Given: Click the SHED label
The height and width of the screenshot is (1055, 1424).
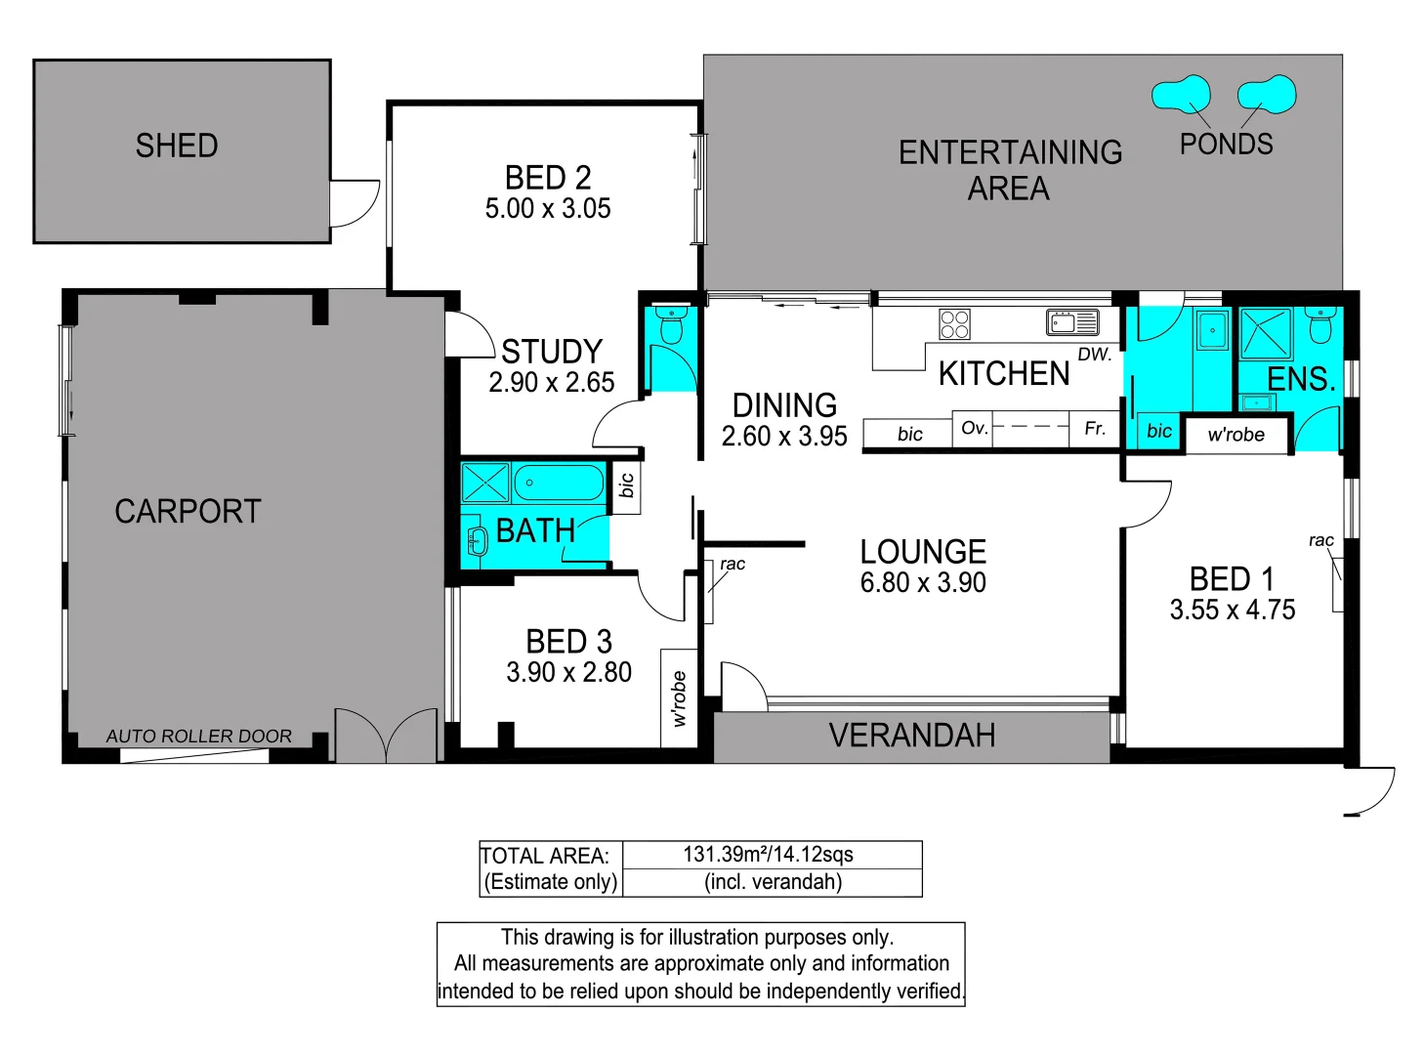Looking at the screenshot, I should (x=177, y=147).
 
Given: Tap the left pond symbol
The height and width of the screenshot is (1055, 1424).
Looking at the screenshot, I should (x=1181, y=95).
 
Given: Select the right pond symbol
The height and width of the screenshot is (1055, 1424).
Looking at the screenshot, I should (x=1267, y=95).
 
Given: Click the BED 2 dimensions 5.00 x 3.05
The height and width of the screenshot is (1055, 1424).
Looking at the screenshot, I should (x=548, y=209).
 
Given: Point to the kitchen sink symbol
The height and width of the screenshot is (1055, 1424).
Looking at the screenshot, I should (x=1072, y=321).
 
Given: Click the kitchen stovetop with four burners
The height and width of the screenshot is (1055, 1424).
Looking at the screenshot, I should (x=954, y=323).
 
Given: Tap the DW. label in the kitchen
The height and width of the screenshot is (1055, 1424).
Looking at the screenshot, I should (x=1094, y=355).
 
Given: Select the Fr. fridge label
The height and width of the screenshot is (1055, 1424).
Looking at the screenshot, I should (x=1095, y=429).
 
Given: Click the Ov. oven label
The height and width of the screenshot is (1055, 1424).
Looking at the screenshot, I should (x=974, y=428).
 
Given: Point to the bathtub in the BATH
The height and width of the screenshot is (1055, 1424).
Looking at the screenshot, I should (x=559, y=483).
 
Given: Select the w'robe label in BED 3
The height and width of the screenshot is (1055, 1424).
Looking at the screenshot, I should (x=679, y=698).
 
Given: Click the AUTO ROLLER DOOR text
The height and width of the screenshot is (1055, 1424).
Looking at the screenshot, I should (x=198, y=737).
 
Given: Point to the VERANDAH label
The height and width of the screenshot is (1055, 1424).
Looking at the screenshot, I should (x=912, y=736).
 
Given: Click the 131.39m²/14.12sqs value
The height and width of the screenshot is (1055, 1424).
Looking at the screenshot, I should (x=768, y=855).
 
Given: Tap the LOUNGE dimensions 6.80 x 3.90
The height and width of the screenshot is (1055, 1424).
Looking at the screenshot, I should (x=923, y=583).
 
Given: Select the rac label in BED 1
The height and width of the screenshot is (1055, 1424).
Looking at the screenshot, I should (x=1320, y=540).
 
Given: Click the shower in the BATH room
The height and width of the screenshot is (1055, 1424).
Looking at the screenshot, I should (x=485, y=483).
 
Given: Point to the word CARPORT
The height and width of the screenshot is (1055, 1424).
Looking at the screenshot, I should (x=188, y=512).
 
